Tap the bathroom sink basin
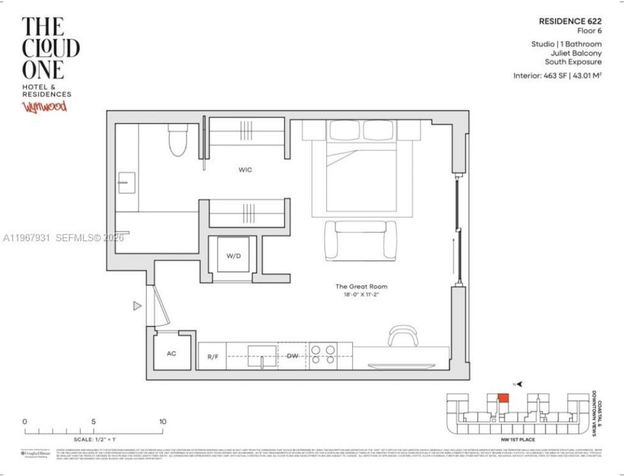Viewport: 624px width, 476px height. click(x=127, y=182)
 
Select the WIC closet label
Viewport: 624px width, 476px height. click(x=245, y=170)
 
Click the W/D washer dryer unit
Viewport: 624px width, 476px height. click(x=234, y=256)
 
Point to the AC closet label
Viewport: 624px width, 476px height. click(x=171, y=353)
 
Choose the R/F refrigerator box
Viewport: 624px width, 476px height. click(x=213, y=357)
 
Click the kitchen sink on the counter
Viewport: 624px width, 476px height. click(x=263, y=355)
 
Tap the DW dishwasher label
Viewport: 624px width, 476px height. click(x=293, y=356)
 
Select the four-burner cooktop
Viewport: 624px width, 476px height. click(x=323, y=355)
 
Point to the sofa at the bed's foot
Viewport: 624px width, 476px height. click(x=360, y=240)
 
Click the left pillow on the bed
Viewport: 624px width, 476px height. click(x=345, y=130)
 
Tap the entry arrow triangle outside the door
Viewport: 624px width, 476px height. click(x=137, y=306)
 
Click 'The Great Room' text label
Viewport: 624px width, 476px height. click(x=361, y=286)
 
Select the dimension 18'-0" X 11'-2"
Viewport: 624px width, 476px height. click(x=361, y=295)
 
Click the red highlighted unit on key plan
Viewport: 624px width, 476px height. click(x=503, y=398)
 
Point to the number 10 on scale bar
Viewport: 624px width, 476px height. click(x=163, y=422)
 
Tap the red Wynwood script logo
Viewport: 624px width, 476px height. click(x=44, y=107)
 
